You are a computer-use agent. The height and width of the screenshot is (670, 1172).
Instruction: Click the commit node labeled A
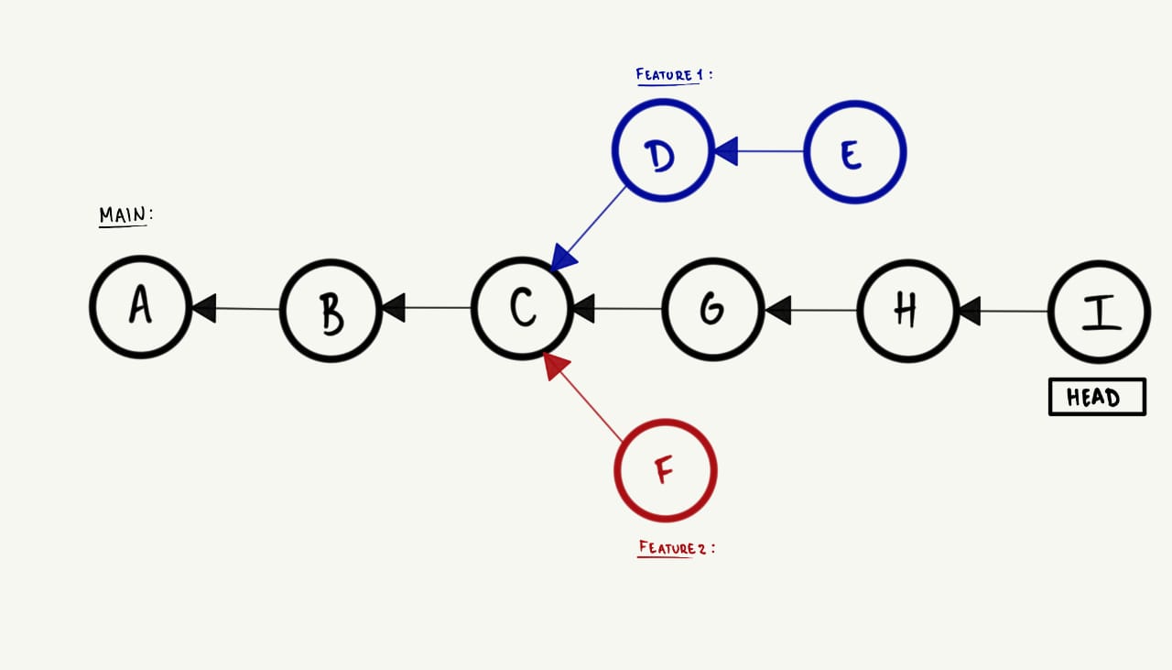coord(140,307)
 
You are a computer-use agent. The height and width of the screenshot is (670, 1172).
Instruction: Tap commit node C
coord(522,307)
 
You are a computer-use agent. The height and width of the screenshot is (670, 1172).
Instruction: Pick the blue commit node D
coord(662,151)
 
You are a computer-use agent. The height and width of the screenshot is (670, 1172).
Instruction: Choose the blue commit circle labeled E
coord(854,152)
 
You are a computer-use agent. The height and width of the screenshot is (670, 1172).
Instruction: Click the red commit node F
coord(665,470)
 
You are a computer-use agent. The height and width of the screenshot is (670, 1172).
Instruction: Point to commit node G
coord(711,309)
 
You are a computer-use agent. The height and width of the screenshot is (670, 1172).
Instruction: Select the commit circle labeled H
coord(907,311)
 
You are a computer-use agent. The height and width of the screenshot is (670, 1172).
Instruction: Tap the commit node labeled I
coord(1098,313)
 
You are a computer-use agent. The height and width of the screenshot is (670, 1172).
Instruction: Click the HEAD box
coord(1096,398)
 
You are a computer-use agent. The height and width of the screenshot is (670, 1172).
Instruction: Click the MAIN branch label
coord(125,215)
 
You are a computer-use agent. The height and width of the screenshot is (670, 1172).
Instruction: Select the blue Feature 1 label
coord(672,75)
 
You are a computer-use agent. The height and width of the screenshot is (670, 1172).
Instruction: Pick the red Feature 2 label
coord(674,548)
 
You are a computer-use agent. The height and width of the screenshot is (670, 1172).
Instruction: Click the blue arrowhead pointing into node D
coord(726,151)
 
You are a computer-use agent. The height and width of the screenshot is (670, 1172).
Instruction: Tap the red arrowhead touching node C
coord(556,366)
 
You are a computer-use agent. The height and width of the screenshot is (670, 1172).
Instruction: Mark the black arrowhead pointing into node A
coord(203,308)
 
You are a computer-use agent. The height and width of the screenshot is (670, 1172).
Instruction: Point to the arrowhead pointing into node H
coord(969,312)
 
